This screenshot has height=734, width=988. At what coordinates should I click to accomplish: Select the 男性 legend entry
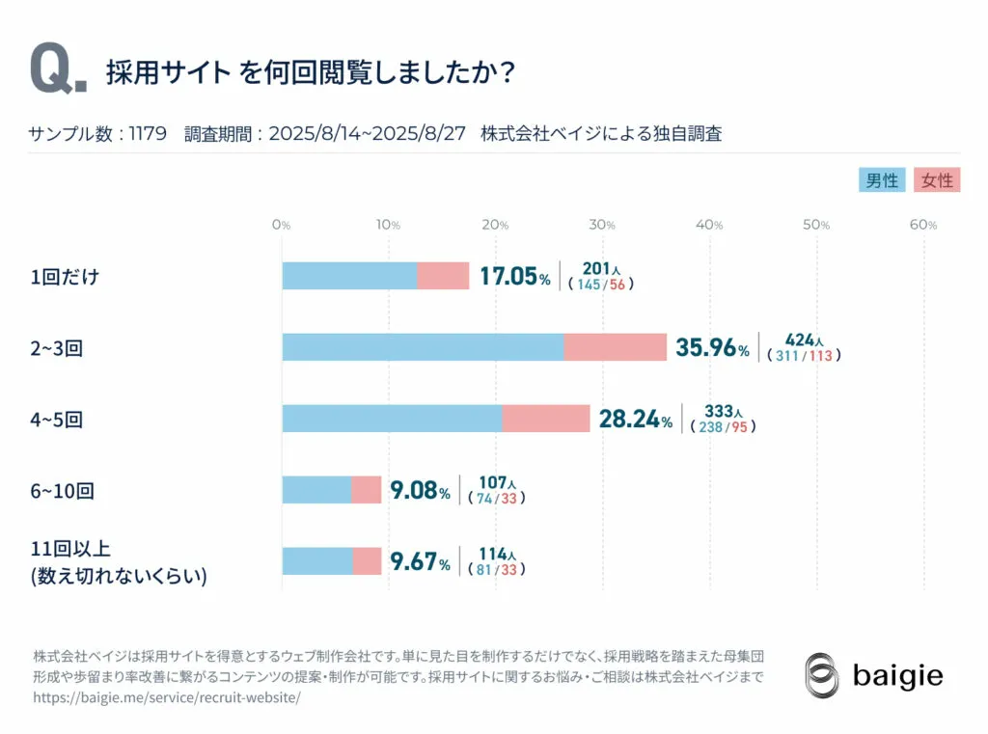pyautogui.click(x=881, y=180)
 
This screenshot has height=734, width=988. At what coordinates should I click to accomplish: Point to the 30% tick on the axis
pyautogui.click(x=603, y=225)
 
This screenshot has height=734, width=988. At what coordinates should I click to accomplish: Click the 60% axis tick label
pyautogui.click(x=923, y=225)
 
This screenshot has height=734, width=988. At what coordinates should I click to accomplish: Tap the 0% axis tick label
pyautogui.click(x=281, y=225)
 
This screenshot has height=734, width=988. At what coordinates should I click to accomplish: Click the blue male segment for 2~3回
pyautogui.click(x=423, y=347)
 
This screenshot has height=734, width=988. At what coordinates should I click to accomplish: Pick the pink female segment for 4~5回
pyautogui.click(x=546, y=419)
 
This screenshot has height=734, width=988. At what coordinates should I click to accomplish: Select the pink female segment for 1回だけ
pyautogui.click(x=443, y=276)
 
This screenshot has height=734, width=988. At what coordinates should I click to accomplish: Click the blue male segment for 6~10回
pyautogui.click(x=316, y=490)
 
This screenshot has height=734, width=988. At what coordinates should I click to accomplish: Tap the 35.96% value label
pyautogui.click(x=712, y=347)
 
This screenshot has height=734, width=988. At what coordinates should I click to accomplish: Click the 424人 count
pyautogui.click(x=804, y=340)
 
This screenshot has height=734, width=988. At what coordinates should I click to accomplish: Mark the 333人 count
pyautogui.click(x=724, y=411)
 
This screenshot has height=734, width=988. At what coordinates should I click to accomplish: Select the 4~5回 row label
pyautogui.click(x=57, y=420)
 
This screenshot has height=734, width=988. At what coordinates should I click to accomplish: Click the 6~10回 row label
pyautogui.click(x=62, y=491)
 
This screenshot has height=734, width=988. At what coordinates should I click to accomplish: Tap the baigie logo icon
pyautogui.click(x=822, y=675)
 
